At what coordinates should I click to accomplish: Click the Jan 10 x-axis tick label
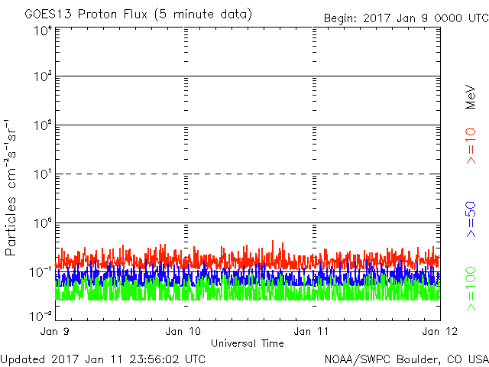coord(186,330)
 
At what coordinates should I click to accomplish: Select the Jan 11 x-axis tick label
coord(313,330)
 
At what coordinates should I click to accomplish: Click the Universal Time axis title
coord(247,343)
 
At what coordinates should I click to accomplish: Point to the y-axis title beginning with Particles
coord(11,187)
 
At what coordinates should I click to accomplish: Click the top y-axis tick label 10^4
coord(42,31)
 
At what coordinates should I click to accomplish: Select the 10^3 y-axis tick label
coord(42,76)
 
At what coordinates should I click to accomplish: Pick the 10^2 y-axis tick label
coord(42,125)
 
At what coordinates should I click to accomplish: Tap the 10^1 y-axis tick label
coord(42,174)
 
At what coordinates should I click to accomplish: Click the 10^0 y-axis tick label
coord(42,223)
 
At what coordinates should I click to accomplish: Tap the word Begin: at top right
coord(341,18)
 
